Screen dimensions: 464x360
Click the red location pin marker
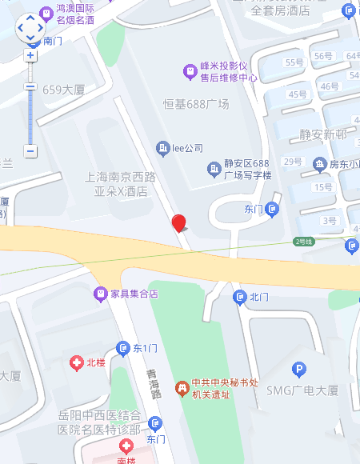pos(179,223)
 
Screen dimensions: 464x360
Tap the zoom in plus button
pos(30,56)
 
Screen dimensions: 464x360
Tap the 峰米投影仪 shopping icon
pos(190,71)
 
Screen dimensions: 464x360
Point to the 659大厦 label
pos(63,90)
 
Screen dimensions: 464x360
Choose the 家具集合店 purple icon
pos(101,294)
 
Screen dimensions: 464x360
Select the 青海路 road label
pos(154,384)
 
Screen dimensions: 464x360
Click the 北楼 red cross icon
pos(77,363)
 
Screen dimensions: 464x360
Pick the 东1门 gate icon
pos(123,348)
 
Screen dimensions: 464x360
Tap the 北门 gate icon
pos(240,298)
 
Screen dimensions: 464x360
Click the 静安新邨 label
pos(324,134)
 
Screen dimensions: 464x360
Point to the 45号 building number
pos(297,94)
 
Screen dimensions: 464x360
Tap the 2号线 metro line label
pos(303,241)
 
